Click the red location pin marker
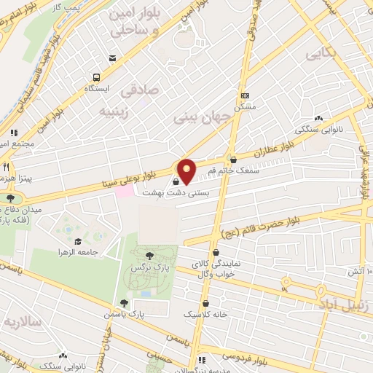click(186, 170)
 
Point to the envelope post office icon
click(111, 58)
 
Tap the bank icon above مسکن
click(246, 95)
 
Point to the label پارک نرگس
click(146, 268)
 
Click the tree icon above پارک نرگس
click(149, 255)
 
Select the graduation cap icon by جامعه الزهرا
click(78, 241)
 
